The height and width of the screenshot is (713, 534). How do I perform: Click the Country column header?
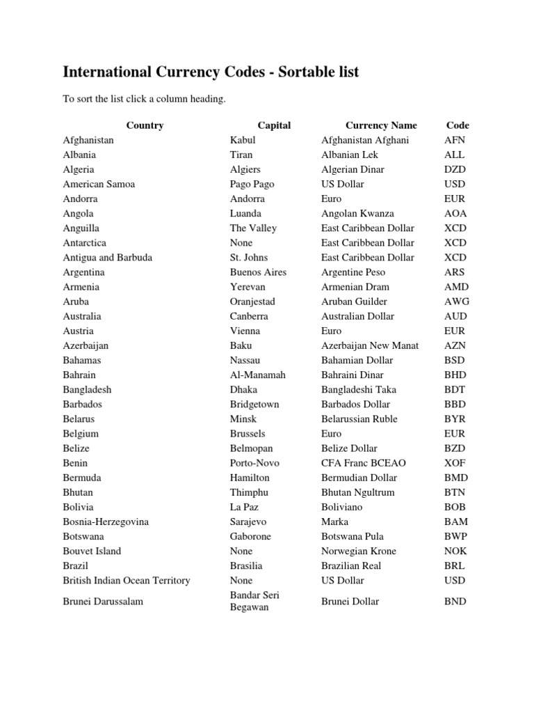coord(145,125)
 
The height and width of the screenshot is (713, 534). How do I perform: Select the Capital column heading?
coord(274,125)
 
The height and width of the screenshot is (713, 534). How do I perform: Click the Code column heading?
coord(458,125)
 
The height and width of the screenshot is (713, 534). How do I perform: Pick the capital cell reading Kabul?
coord(243,140)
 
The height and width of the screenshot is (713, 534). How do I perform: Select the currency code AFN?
coord(455,140)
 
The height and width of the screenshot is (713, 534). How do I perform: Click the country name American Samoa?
coord(99,184)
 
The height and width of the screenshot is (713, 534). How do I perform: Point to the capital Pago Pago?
coord(252,184)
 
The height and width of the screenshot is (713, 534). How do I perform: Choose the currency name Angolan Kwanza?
coord(357,213)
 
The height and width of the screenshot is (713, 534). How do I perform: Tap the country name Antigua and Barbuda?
coord(108,257)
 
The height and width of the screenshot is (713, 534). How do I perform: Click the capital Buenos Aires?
coord(258,272)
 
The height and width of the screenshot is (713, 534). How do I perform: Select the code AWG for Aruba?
coord(457,301)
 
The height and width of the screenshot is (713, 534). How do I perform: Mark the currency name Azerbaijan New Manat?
coord(370,345)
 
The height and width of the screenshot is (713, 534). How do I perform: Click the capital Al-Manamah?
coord(258,375)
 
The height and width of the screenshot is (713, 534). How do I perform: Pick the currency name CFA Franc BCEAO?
coord(364,462)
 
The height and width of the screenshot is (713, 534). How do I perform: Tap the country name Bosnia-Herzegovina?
coord(106,522)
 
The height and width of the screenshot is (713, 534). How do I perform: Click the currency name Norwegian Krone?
coord(359,551)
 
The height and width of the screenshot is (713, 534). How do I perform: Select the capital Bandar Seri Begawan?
coord(254,601)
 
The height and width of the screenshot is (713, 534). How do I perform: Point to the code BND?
coord(455,601)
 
